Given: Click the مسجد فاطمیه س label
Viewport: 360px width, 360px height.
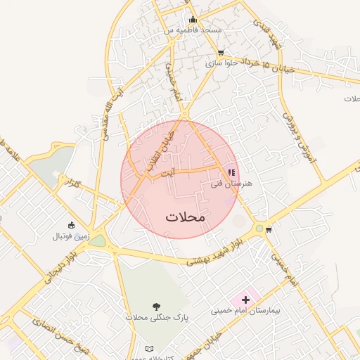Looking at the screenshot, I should [x=193, y=30].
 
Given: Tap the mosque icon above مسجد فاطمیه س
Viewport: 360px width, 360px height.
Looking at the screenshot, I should [x=193, y=20].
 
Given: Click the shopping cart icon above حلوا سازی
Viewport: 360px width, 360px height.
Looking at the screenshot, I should [x=221, y=53].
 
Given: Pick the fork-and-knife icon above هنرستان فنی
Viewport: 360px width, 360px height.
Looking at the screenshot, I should [x=231, y=172].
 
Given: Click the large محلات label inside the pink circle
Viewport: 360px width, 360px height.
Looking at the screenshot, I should [x=186, y=217].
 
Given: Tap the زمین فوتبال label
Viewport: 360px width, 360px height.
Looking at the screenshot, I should [x=70, y=236].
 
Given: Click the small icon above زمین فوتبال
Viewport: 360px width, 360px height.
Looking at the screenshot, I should [x=71, y=225].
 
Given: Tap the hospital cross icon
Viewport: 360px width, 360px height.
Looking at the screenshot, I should [x=245, y=299].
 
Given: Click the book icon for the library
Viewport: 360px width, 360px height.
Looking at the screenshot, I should [x=148, y=349].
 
